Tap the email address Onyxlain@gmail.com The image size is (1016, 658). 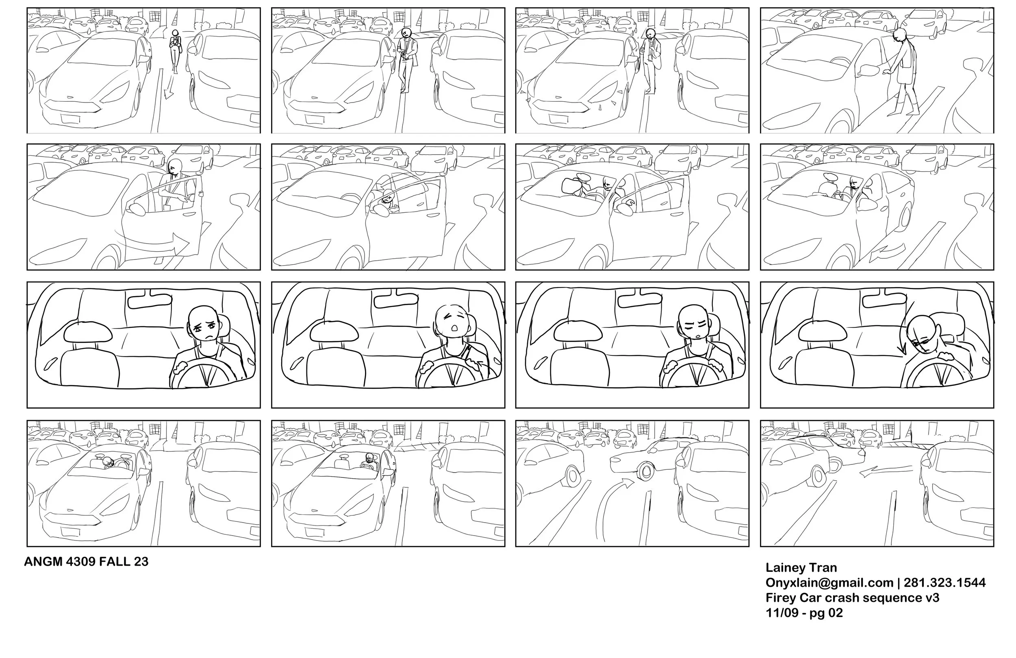[829, 583]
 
